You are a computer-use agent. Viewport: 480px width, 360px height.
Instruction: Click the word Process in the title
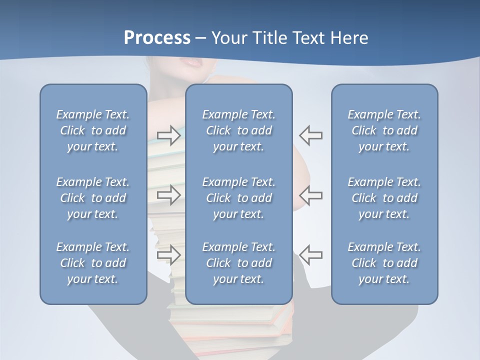pyautogui.click(x=157, y=38)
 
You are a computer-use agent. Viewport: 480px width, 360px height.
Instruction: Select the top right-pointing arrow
pyautogui.click(x=169, y=135)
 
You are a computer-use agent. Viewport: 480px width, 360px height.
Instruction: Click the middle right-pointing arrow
pyautogui.click(x=169, y=194)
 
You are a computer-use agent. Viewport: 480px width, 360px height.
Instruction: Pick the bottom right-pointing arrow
pyautogui.click(x=169, y=254)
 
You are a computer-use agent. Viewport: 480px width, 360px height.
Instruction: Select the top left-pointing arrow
pyautogui.click(x=310, y=135)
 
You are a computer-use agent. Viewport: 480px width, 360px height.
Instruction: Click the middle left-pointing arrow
pyautogui.click(x=310, y=194)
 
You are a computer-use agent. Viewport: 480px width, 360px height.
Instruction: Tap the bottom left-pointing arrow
pyautogui.click(x=310, y=254)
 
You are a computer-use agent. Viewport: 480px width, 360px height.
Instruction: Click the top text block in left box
pyautogui.click(x=93, y=130)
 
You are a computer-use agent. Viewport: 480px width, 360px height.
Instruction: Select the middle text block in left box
pyautogui.click(x=93, y=198)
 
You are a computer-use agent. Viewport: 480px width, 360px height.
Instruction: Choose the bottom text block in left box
pyautogui.click(x=93, y=263)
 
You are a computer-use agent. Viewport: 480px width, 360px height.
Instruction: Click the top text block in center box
pyautogui.click(x=238, y=130)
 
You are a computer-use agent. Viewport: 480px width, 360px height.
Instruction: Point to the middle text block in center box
pyautogui.click(x=238, y=198)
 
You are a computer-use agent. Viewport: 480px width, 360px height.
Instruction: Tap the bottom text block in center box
pyautogui.click(x=238, y=263)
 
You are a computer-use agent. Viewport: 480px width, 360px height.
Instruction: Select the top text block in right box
pyautogui.click(x=384, y=130)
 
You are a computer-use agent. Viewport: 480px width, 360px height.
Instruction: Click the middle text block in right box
pyautogui.click(x=384, y=198)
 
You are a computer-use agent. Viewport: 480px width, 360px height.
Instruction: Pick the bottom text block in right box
pyautogui.click(x=384, y=263)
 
